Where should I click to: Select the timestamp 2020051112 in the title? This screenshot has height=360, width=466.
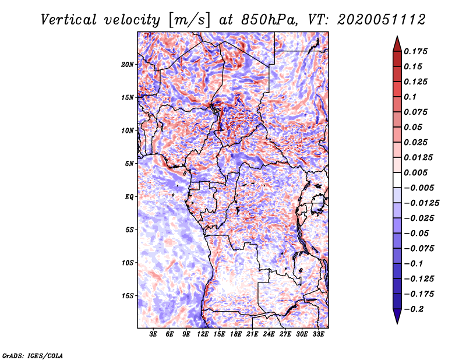point(379,19)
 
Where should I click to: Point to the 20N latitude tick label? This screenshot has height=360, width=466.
point(128,64)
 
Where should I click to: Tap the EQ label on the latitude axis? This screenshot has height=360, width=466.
point(129,196)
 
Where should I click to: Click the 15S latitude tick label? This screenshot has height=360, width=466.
point(128,295)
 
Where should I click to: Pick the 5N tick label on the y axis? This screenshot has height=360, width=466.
point(129,163)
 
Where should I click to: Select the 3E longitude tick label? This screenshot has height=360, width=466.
point(154,334)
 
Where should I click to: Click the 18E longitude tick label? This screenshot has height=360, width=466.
point(236,334)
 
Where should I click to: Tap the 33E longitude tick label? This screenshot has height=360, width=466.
point(318,334)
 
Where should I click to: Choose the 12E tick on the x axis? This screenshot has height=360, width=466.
point(203,334)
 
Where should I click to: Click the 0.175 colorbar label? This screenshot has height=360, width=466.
point(416,51)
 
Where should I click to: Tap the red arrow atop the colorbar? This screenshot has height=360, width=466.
point(396,43)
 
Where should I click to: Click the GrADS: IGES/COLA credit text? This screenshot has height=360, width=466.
point(32,355)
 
